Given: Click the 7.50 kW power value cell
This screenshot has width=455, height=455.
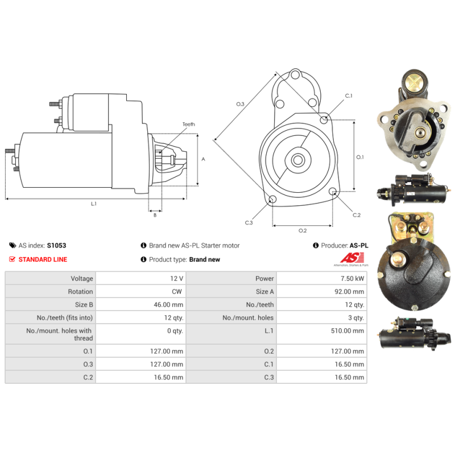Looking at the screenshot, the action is click(x=352, y=279).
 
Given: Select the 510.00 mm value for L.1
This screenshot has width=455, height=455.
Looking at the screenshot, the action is click(x=348, y=331).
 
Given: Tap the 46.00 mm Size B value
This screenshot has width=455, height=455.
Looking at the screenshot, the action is click(x=168, y=305).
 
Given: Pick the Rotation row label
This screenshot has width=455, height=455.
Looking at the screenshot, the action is click(x=80, y=292).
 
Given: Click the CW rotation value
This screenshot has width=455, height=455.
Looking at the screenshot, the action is click(x=177, y=292).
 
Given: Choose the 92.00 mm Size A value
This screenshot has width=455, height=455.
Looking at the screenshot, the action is click(x=349, y=292).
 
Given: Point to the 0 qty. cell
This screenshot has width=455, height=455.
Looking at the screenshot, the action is click(x=175, y=331).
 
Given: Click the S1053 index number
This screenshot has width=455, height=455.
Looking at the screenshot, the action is click(x=56, y=246).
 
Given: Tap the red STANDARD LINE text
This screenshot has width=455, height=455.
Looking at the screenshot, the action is click(x=43, y=259).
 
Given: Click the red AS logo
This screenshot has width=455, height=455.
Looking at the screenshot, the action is click(x=352, y=258).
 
